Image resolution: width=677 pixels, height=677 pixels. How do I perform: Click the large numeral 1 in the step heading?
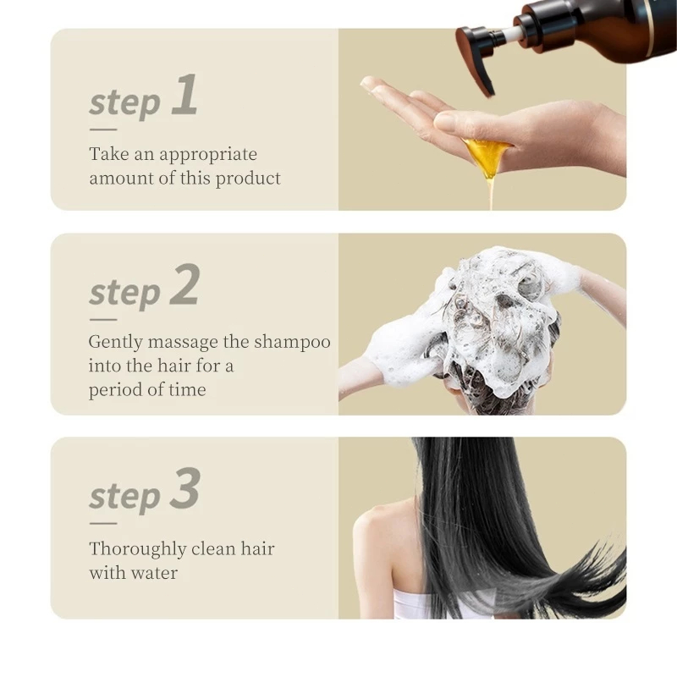pyautogui.click(x=185, y=94)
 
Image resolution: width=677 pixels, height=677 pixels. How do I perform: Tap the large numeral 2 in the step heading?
pyautogui.click(x=184, y=284)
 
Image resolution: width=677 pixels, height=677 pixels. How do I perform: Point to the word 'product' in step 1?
pyautogui.click(x=248, y=179)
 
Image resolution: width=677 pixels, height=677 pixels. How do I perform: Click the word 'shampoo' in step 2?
pyautogui.click(x=292, y=343)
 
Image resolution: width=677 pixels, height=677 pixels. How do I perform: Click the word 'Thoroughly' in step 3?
pyautogui.click(x=138, y=550)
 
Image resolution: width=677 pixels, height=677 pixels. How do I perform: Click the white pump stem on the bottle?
pyautogui.click(x=512, y=35)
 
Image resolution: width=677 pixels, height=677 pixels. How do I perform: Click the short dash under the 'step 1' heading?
pyautogui.click(x=103, y=129)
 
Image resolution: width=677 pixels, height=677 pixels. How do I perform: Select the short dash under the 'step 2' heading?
pyautogui.click(x=103, y=320)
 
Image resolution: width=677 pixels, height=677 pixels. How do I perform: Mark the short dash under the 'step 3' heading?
pyautogui.click(x=103, y=523)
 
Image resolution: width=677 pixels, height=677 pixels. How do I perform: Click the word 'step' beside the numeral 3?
pyautogui.click(x=124, y=496)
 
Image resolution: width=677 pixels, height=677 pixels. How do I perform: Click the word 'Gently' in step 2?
pyautogui.click(x=115, y=343)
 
